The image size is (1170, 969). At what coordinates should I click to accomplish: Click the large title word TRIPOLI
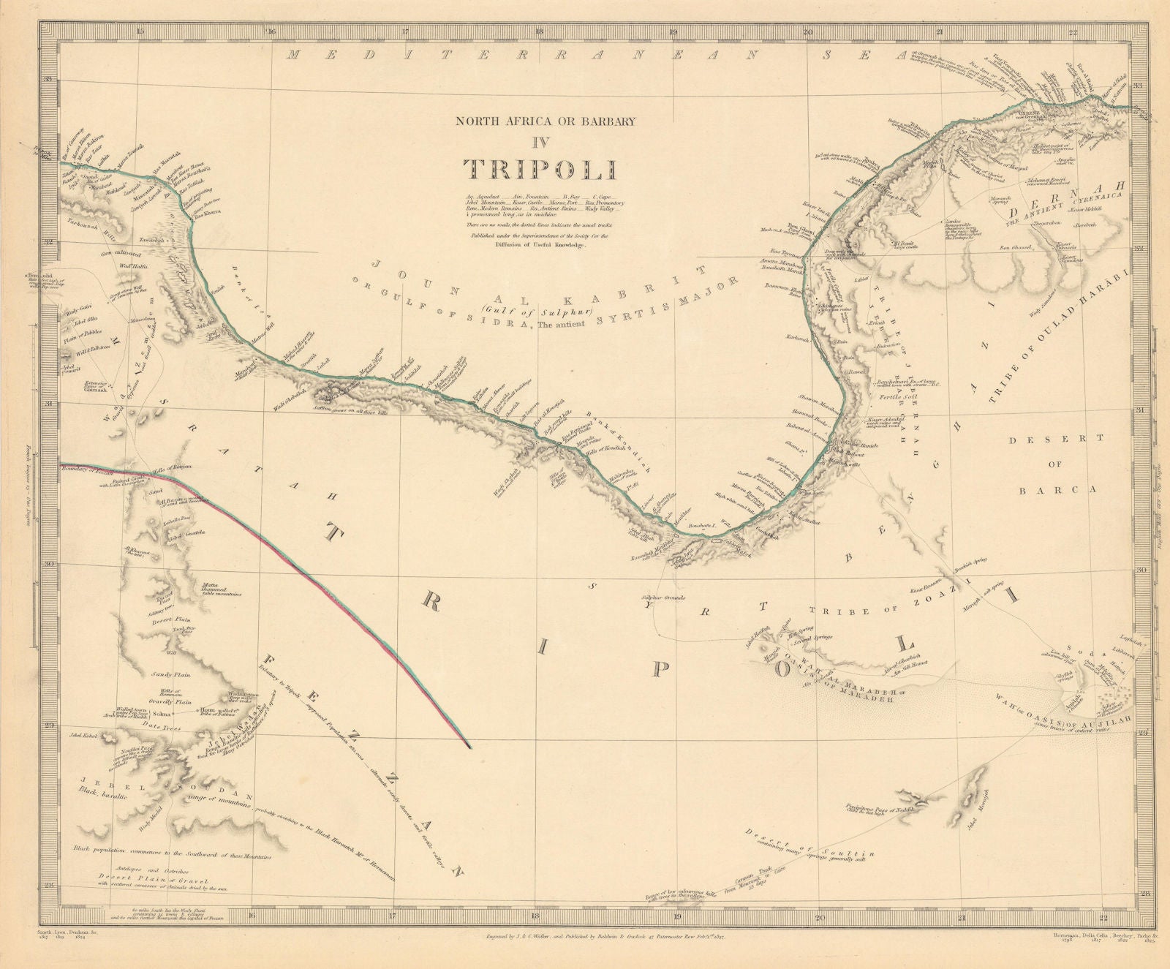pyautogui.click(x=540, y=169)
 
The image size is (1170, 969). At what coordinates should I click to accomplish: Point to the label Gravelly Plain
pyautogui.click(x=170, y=700)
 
